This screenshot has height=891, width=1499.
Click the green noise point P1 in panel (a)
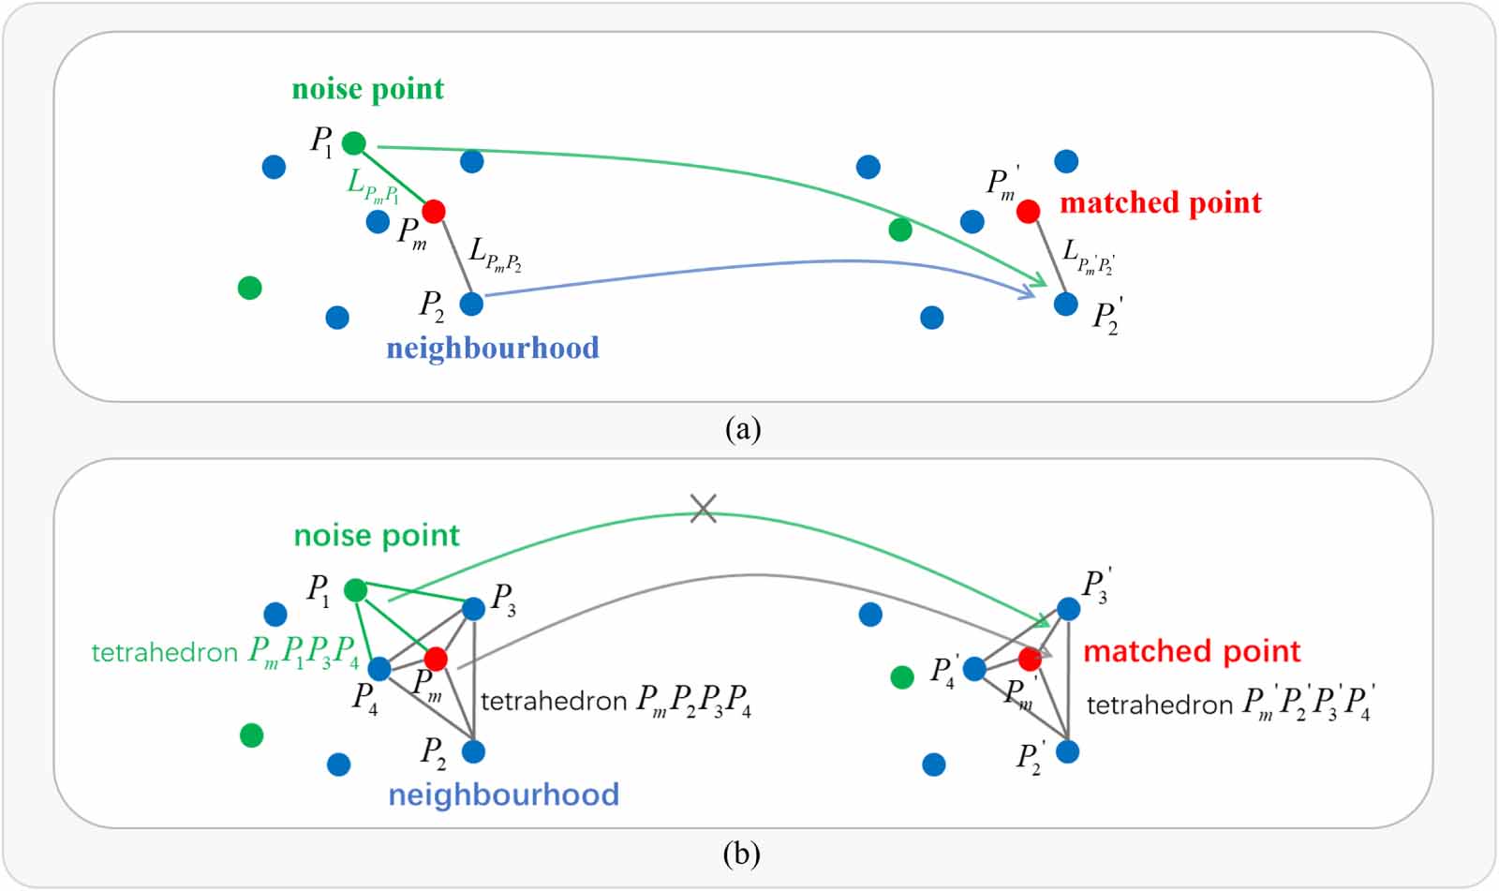click(x=353, y=143)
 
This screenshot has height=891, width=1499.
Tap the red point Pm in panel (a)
click(x=433, y=211)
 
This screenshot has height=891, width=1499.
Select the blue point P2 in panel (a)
click(x=471, y=304)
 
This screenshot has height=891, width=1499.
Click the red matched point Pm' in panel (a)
click(x=1028, y=212)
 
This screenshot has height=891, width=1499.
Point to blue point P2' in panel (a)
click(x=1065, y=304)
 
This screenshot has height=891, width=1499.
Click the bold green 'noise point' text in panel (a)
click(x=367, y=89)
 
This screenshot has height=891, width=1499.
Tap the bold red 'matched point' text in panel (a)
click(x=1160, y=202)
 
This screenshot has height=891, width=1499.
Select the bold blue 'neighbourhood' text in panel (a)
click(x=493, y=348)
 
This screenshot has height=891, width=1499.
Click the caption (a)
click(x=743, y=429)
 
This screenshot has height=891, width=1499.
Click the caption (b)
click(x=742, y=854)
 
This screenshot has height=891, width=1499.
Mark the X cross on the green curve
click(x=703, y=509)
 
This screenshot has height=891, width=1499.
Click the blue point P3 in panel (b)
click(x=474, y=609)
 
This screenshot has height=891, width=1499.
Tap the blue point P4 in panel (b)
click(x=379, y=669)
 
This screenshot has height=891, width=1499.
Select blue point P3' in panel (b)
click(x=1068, y=609)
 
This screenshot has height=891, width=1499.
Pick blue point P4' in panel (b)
click(x=974, y=669)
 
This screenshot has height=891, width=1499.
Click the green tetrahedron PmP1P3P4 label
click(x=225, y=652)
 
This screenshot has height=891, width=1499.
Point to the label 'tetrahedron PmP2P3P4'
click(x=616, y=701)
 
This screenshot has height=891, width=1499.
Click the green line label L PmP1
click(x=373, y=185)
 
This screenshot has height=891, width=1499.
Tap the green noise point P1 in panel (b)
click(x=355, y=590)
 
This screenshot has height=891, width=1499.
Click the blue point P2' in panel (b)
click(x=1067, y=751)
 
